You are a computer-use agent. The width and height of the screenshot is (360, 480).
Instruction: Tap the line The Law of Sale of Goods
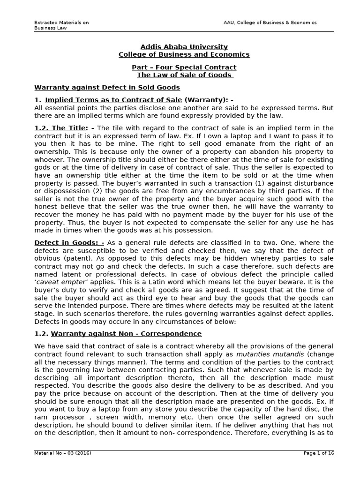(x=185, y=75)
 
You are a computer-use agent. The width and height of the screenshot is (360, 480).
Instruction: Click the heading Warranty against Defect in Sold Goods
(x=107, y=88)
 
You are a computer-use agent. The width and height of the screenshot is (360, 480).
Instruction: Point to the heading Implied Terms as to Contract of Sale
(x=113, y=100)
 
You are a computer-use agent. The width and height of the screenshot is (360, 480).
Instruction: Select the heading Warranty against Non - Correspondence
(x=126, y=334)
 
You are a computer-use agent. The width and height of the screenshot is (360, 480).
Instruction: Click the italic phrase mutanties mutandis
(x=265, y=355)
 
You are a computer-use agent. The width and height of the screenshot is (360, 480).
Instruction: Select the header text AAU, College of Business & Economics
(x=270, y=22)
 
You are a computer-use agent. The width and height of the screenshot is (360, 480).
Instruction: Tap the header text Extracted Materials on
(x=61, y=22)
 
